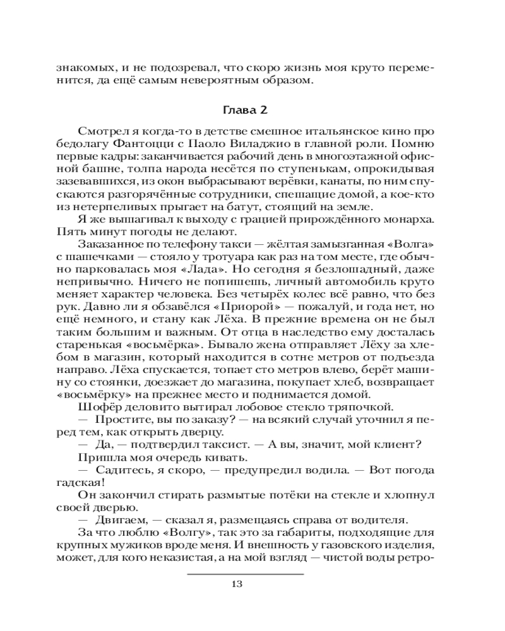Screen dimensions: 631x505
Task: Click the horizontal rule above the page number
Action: (246, 573)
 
